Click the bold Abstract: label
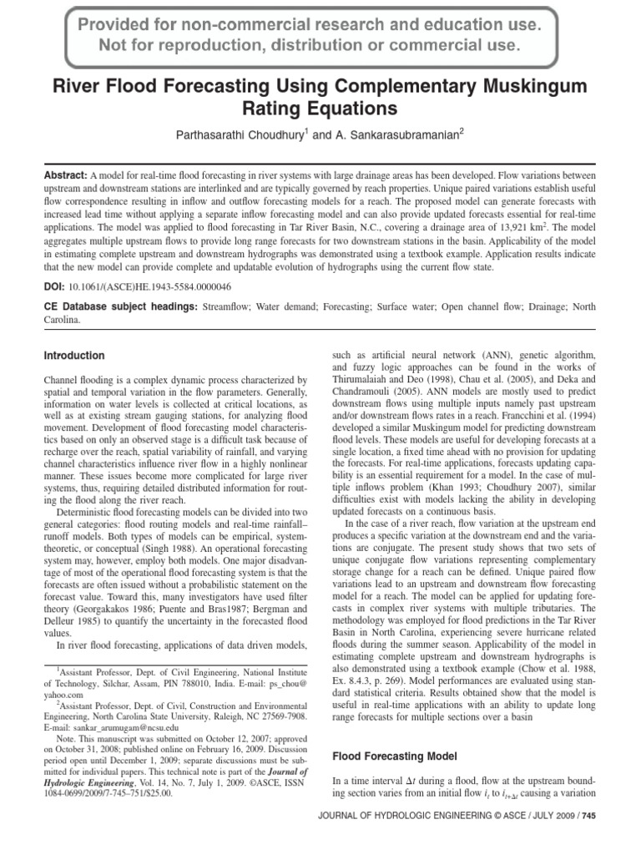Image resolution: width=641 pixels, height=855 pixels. pyautogui.click(x=65, y=176)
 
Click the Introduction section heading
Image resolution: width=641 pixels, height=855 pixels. pyautogui.click(x=74, y=355)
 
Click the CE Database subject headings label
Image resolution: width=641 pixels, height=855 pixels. pyautogui.click(x=121, y=306)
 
